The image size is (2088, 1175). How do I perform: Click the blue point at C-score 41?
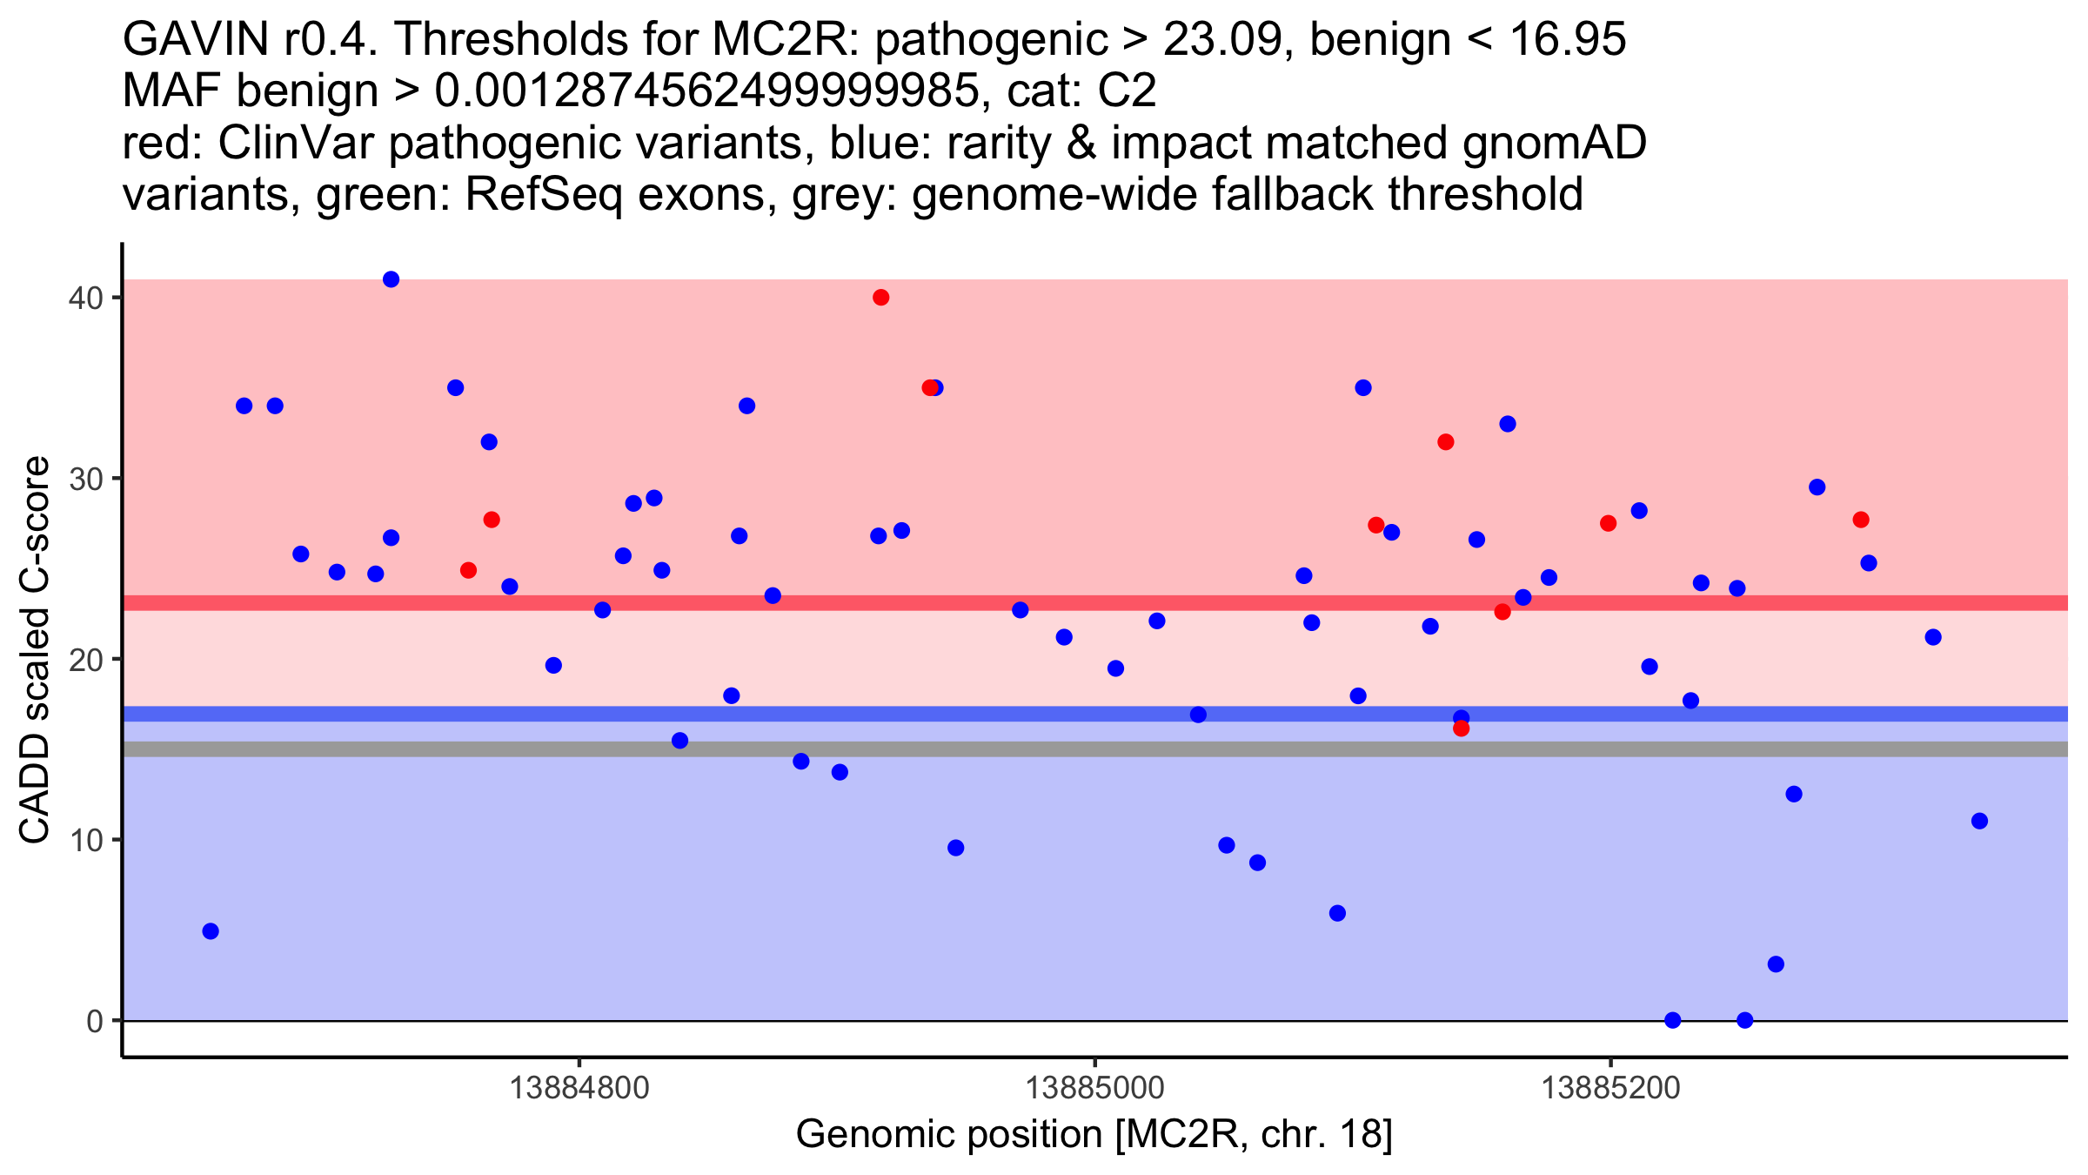click(x=391, y=279)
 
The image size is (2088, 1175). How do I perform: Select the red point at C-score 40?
click(x=880, y=298)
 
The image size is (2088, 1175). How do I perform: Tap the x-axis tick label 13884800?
click(x=579, y=1088)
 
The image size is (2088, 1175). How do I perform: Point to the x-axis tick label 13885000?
click(x=1094, y=1088)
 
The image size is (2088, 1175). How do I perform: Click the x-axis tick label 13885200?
click(x=1610, y=1088)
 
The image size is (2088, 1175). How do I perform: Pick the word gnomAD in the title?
click(x=1554, y=143)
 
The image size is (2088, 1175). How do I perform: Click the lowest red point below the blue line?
click(x=1462, y=728)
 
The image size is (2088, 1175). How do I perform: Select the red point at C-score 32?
click(x=1446, y=442)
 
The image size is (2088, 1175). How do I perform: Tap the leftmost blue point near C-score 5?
click(x=211, y=931)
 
